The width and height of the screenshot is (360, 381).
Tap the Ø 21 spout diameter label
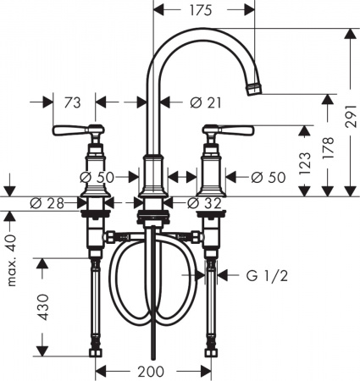click(x=208, y=102)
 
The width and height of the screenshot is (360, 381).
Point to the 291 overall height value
click(x=349, y=120)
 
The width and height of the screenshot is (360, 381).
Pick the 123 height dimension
click(x=315, y=162)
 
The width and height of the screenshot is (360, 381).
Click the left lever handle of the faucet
click(x=73, y=131)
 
